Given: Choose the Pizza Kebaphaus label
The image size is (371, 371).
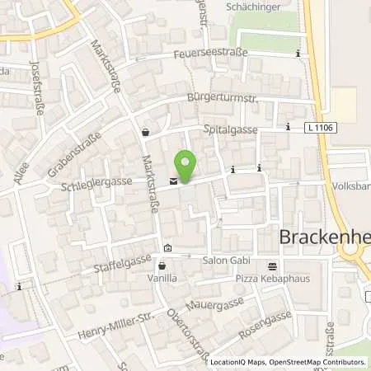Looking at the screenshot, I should (x=271, y=279).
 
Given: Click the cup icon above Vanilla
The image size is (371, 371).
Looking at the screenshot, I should (x=162, y=266).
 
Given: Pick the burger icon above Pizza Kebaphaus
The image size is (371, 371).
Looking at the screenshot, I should (x=272, y=265).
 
